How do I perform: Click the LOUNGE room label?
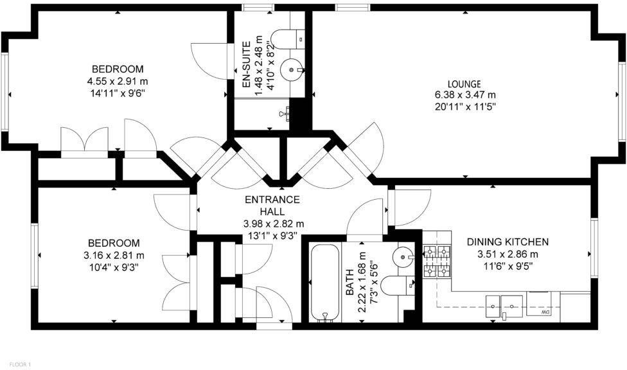point(464,84)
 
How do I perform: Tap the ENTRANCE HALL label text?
point(272,205)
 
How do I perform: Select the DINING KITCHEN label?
point(508,242)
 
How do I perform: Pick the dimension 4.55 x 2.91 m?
point(118,81)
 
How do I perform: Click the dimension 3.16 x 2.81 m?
point(114,255)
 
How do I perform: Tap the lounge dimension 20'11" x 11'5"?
point(466,107)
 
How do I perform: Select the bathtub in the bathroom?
point(326,283)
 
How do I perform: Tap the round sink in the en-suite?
point(292,70)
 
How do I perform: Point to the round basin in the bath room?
point(403,254)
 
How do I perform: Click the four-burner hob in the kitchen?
point(437,261)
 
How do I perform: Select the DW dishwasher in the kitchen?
point(538,304)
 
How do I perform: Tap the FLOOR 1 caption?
point(20,364)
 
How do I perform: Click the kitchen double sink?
point(504,306)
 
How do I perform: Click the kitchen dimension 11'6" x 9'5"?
point(508,265)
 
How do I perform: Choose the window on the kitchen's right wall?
point(594,247)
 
